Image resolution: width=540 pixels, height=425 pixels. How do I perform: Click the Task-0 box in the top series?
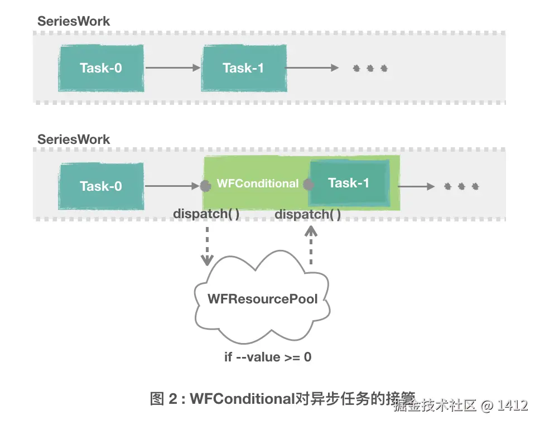[101, 68]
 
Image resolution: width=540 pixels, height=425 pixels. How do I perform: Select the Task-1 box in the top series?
[244, 68]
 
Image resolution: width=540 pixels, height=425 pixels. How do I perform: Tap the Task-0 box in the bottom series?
[101, 186]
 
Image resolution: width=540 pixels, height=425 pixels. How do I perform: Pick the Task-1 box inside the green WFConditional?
[349, 183]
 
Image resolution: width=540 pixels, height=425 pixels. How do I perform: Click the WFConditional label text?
[257, 183]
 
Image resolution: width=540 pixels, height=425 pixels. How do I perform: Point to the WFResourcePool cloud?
[262, 299]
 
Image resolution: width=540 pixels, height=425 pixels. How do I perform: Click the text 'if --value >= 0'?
[268, 357]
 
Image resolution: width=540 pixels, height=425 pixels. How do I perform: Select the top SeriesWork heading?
[74, 21]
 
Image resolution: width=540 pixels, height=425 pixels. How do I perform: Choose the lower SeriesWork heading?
[74, 139]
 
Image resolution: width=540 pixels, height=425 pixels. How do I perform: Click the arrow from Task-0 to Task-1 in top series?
[172, 68]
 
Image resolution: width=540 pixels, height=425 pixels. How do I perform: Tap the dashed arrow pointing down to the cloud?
[207, 245]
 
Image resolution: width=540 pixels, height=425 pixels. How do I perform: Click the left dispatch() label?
[206, 214]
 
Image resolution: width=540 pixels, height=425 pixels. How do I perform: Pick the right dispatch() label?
[308, 214]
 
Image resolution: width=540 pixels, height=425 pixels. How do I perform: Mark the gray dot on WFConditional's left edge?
[204, 186]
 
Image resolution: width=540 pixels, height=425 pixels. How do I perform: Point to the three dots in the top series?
[370, 69]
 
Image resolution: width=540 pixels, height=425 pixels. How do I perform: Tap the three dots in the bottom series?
[461, 186]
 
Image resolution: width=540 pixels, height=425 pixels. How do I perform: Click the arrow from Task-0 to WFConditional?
[172, 186]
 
